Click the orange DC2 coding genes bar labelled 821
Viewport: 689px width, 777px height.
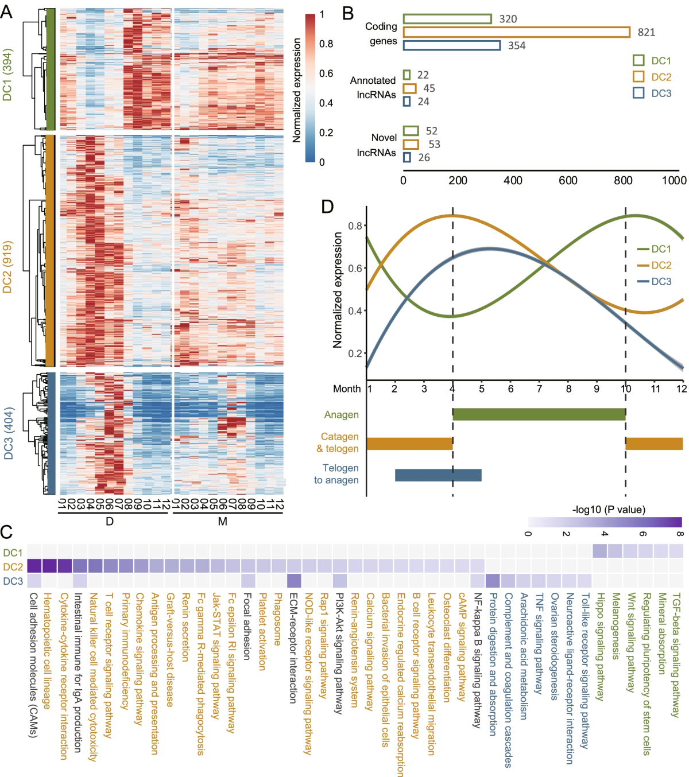pyautogui.click(x=516, y=32)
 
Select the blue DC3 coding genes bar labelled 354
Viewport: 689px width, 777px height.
pyautogui.click(x=451, y=45)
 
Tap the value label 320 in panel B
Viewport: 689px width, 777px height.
pyautogui.click(x=508, y=19)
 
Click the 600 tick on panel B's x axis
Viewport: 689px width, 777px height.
pyautogui.click(x=568, y=180)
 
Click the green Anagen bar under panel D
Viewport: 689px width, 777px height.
pyautogui.click(x=539, y=414)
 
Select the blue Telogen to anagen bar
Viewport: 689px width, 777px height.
pyautogui.click(x=438, y=475)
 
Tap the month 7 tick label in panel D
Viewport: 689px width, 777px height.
pyautogui.click(x=539, y=388)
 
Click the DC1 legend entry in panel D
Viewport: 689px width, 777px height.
pyautogui.click(x=654, y=249)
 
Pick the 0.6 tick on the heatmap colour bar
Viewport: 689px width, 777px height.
pyautogui.click(x=326, y=73)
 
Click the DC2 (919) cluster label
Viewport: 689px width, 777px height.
pyautogui.click(x=7, y=267)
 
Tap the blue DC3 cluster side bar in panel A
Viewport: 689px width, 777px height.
pyautogui.click(x=51, y=433)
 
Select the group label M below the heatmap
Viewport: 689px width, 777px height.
pyautogui.click(x=223, y=522)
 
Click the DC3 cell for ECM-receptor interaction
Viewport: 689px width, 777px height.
pyautogui.click(x=294, y=581)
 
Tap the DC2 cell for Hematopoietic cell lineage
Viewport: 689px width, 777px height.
pyautogui.click(x=49, y=566)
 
